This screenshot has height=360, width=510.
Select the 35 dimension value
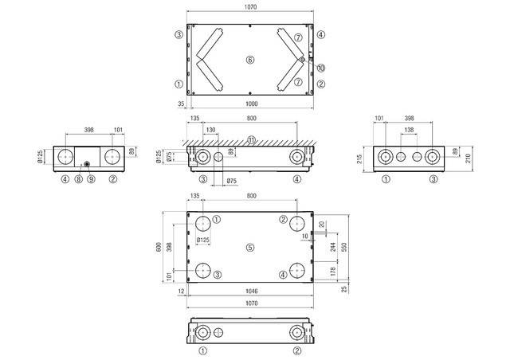tap(181, 104)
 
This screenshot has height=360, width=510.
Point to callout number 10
tap(320, 66)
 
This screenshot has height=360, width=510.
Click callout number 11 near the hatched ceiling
tap(251, 140)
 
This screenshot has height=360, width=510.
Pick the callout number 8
tap(78, 179)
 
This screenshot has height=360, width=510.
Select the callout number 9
tap(89, 179)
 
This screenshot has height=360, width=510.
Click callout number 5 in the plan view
tap(249, 248)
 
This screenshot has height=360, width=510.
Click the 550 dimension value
tap(343, 248)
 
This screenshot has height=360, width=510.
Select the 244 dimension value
tap(332, 247)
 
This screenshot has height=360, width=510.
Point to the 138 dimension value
tap(409, 128)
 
